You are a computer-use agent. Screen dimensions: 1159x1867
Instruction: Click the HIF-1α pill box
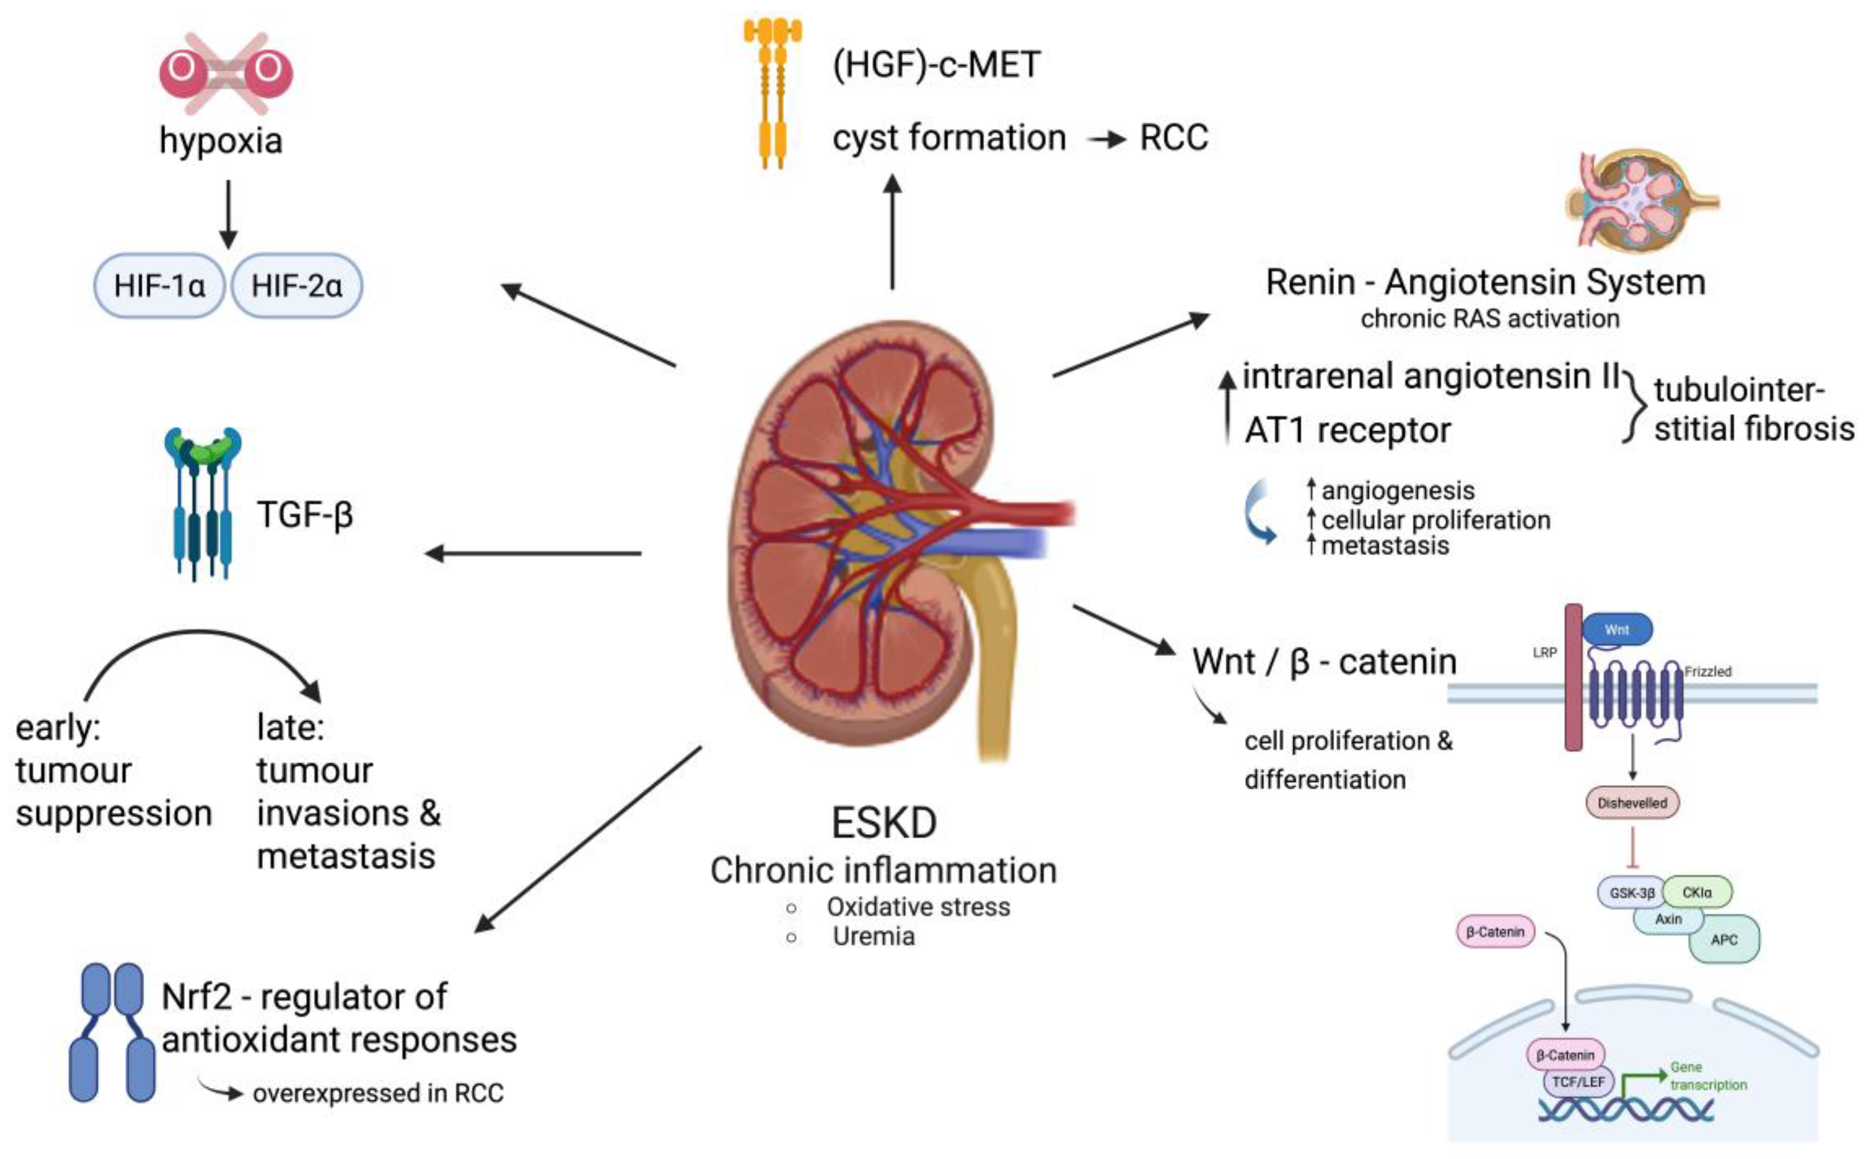(159, 286)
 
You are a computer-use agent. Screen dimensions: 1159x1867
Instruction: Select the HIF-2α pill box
(297, 286)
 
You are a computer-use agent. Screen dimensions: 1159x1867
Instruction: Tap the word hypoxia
(221, 140)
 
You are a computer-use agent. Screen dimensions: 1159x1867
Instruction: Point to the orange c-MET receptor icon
(773, 92)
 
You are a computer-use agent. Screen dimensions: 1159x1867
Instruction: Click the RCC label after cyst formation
(1173, 139)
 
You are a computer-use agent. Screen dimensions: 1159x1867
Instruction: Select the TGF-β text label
(305, 514)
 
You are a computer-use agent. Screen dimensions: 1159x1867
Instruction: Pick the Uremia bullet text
(873, 937)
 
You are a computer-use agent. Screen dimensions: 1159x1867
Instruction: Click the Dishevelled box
(1632, 802)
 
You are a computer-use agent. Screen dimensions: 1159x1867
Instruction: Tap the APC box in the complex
(1724, 940)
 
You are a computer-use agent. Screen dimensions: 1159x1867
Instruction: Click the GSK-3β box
(1631, 893)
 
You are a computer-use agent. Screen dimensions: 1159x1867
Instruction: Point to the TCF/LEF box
(1579, 1082)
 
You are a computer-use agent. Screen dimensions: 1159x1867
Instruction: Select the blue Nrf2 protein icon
(112, 1033)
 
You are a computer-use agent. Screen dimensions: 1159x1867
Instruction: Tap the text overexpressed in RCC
(378, 1093)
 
